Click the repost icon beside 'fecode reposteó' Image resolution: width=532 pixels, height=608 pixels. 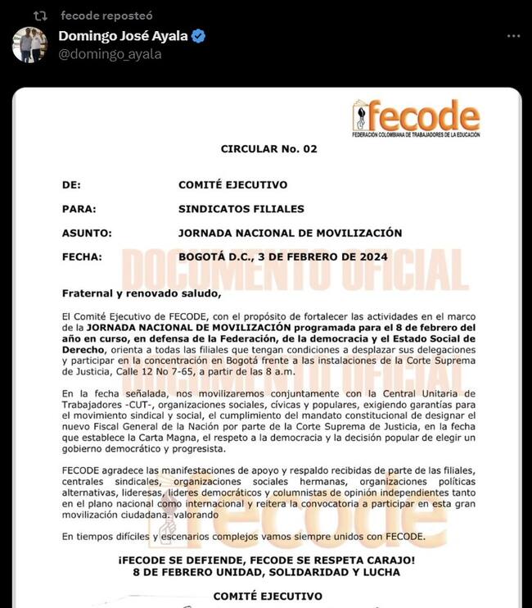pyautogui.click(x=40, y=16)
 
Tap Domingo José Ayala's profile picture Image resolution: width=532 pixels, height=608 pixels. pyautogui.click(x=29, y=45)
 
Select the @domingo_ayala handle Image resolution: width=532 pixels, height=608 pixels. pyautogui.click(x=110, y=54)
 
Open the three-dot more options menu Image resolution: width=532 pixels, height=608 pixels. pyautogui.click(x=513, y=37)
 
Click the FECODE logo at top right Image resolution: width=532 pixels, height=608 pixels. pyautogui.click(x=416, y=119)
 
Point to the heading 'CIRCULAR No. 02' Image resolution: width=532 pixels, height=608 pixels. pyautogui.click(x=268, y=149)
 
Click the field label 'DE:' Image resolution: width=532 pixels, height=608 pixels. pyautogui.click(x=72, y=185)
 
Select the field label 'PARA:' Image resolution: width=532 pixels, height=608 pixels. pyautogui.click(x=79, y=209)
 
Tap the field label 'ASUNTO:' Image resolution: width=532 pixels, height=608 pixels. pyautogui.click(x=86, y=233)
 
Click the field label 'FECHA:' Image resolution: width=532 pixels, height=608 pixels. pyautogui.click(x=82, y=256)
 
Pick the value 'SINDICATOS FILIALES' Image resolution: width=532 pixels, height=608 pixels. pyautogui.click(x=241, y=209)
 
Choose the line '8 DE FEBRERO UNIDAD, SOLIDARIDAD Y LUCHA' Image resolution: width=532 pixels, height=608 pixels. pyautogui.click(x=268, y=572)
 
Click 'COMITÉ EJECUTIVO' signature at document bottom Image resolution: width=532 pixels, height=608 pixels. pyautogui.click(x=268, y=597)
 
